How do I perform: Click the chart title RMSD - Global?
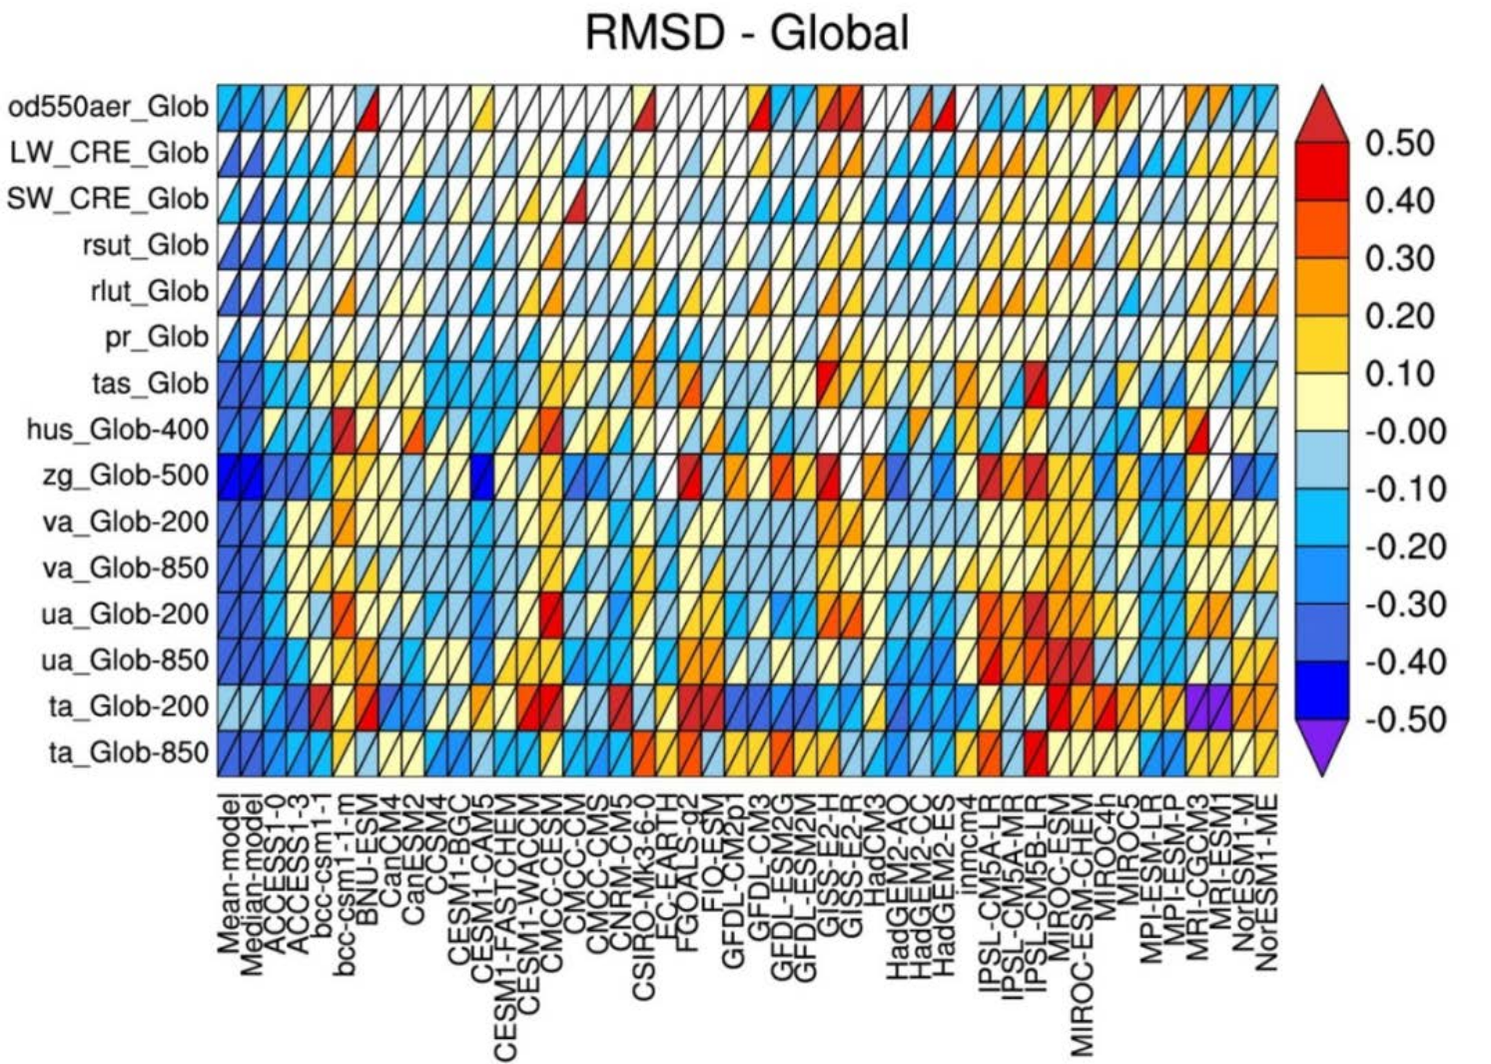[746, 33]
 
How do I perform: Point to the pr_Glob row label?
[157, 337]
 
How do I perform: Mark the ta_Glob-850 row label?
[129, 752]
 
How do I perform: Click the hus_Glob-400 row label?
[118, 430]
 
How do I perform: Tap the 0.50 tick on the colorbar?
[1399, 143]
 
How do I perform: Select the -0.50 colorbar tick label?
[1404, 719]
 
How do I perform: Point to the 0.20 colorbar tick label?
[1399, 316]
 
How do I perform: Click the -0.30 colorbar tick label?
[1404, 604]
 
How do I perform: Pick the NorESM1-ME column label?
[1267, 879]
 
